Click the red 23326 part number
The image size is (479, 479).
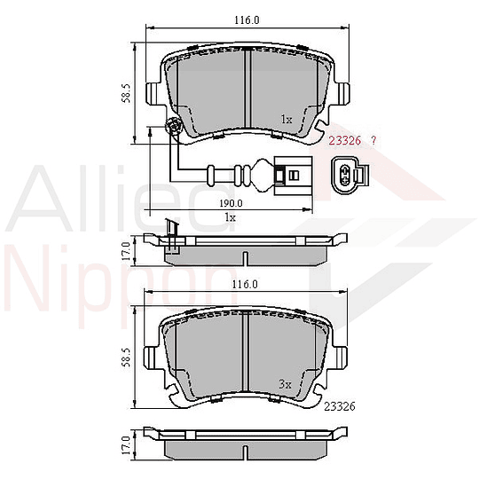[344, 141]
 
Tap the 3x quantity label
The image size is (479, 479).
[285, 384]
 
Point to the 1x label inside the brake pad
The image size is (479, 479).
[286, 119]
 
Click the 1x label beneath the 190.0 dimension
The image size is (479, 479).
[230, 217]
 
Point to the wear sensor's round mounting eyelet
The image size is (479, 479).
[175, 130]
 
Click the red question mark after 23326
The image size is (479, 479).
[373, 141]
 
